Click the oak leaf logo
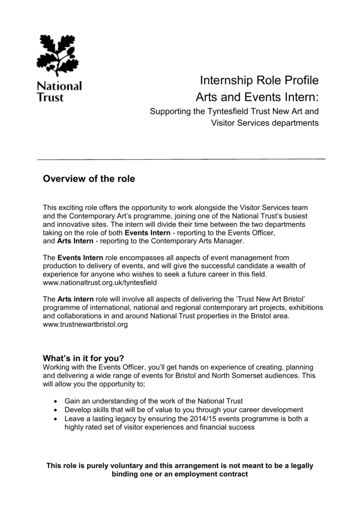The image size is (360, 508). (x=58, y=55)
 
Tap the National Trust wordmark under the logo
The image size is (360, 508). (x=59, y=91)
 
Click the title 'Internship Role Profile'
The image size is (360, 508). (x=259, y=80)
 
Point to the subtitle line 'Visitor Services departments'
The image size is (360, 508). (x=265, y=123)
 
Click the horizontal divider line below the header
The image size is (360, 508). (x=181, y=159)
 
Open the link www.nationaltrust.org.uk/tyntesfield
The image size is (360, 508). (x=100, y=282)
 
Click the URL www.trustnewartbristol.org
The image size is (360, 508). (x=86, y=323)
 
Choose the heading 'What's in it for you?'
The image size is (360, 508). (x=83, y=359)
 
